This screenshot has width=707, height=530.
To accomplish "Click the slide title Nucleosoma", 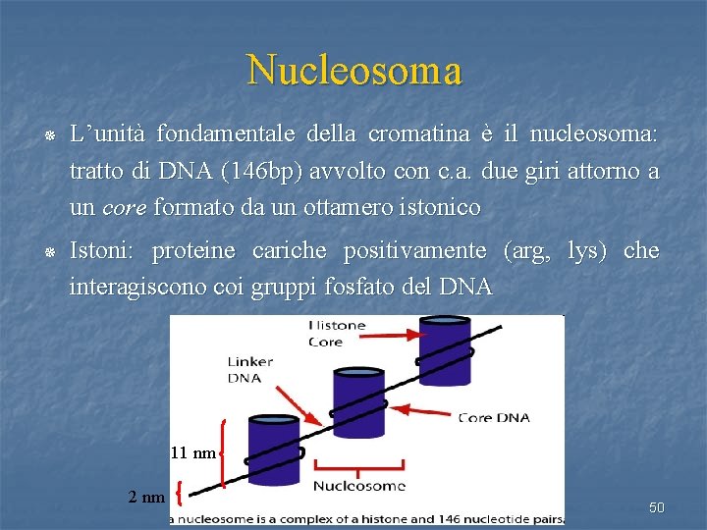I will point(354,71).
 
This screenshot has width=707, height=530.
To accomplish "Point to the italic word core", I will point(123,207).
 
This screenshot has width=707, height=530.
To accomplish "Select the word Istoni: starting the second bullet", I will point(103,250).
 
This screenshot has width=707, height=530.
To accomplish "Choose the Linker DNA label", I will point(250,370).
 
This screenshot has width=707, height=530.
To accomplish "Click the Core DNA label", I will point(494,417).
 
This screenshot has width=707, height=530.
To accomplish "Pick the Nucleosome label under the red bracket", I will point(358,485).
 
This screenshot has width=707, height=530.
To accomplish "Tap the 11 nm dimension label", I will point(192,452).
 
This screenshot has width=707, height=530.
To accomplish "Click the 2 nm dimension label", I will point(146,496).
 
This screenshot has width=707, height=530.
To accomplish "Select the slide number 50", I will point(657,507).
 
